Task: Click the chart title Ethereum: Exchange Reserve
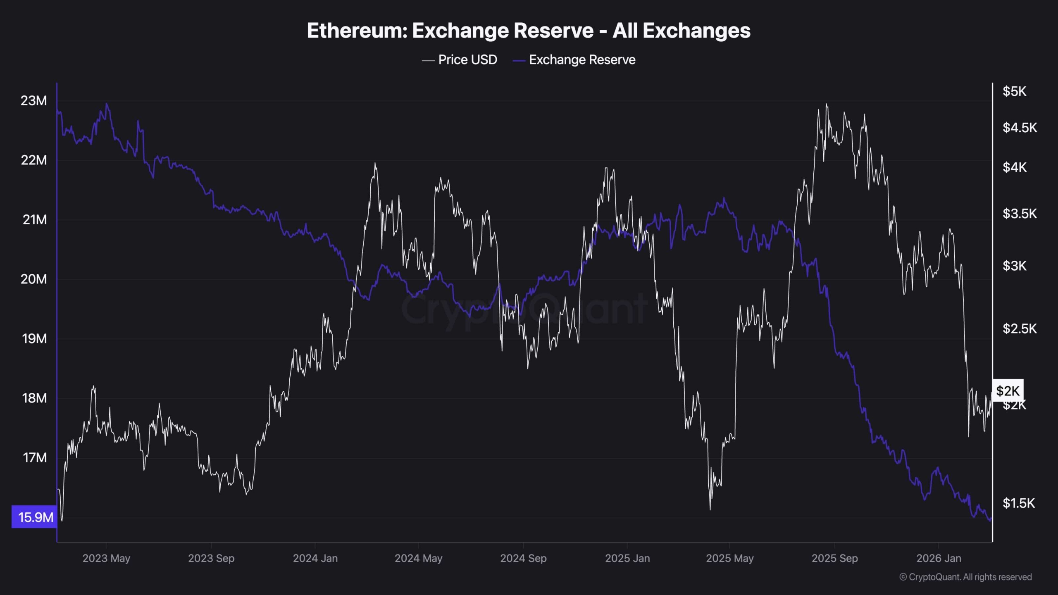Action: (x=529, y=31)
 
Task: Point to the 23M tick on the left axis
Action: (x=34, y=100)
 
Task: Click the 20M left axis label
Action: (x=34, y=279)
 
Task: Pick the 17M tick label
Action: (x=35, y=457)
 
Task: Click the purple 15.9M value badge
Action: (x=35, y=517)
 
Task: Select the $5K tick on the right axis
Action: (x=1014, y=91)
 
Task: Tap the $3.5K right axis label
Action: (x=1020, y=214)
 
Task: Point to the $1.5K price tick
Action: (x=1019, y=503)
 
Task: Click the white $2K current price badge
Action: (x=1008, y=390)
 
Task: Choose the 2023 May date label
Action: (x=106, y=558)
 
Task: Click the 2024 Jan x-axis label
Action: (x=315, y=558)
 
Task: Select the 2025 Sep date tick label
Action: (x=834, y=558)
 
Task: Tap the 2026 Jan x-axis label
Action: (x=939, y=558)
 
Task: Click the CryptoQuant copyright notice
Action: (x=965, y=577)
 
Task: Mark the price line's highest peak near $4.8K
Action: (x=826, y=105)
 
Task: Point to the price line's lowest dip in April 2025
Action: (x=710, y=509)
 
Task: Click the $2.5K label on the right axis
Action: (x=1020, y=329)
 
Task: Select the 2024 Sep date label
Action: (x=523, y=558)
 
